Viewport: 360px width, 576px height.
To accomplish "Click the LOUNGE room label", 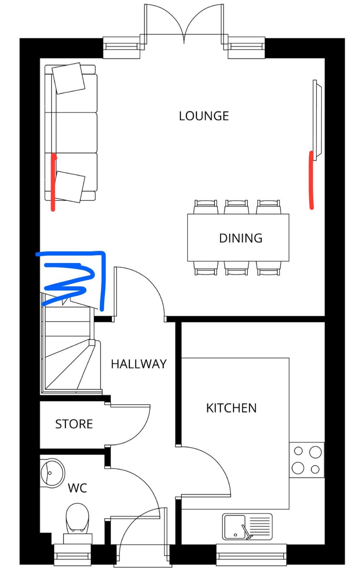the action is click(x=204, y=116).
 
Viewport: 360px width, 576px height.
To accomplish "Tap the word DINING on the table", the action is click(x=240, y=238).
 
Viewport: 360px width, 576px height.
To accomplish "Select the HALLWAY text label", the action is click(x=139, y=364).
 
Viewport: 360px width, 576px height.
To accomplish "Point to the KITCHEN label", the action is click(x=231, y=408).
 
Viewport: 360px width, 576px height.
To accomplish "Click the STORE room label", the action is click(x=74, y=424).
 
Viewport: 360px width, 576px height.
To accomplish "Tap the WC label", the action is click(x=77, y=488).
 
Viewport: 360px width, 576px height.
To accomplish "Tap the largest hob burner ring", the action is click(x=315, y=452).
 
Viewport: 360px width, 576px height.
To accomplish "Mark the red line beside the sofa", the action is click(x=53, y=182).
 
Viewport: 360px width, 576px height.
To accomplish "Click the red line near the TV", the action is click(x=311, y=180).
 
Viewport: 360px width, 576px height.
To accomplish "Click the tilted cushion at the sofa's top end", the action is click(x=68, y=78).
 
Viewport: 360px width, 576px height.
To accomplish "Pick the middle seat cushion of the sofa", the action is click(x=71, y=133).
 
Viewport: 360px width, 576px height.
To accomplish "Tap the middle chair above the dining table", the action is click(x=236, y=207).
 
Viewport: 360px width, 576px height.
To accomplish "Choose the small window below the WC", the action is click(x=73, y=555).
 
